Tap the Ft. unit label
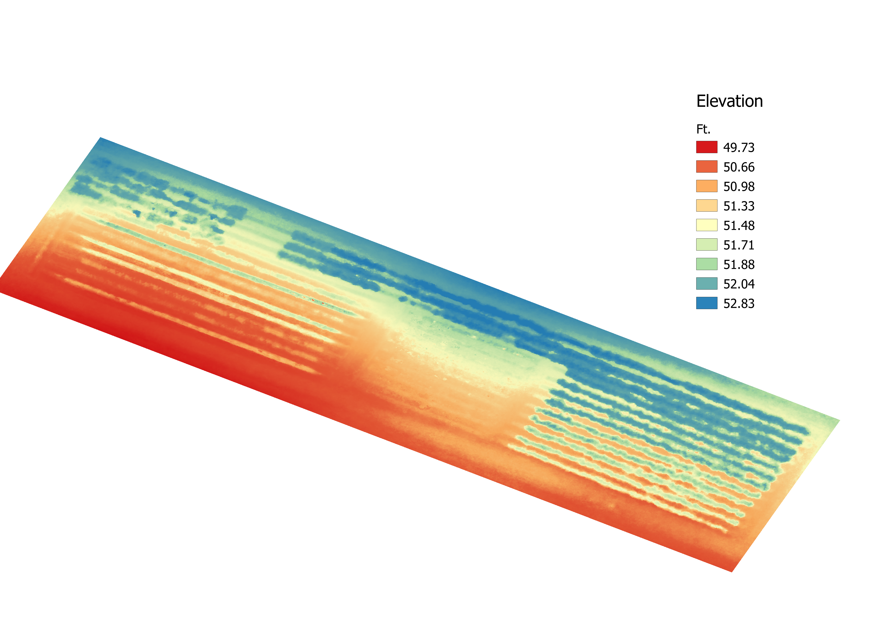[703, 129]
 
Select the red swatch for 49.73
[707, 147]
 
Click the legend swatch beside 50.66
[707, 167]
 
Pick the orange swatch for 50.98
[707, 186]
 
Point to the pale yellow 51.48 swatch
[707, 225]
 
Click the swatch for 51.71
[707, 245]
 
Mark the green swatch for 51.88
[707, 264]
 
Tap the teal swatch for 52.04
[707, 283]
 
